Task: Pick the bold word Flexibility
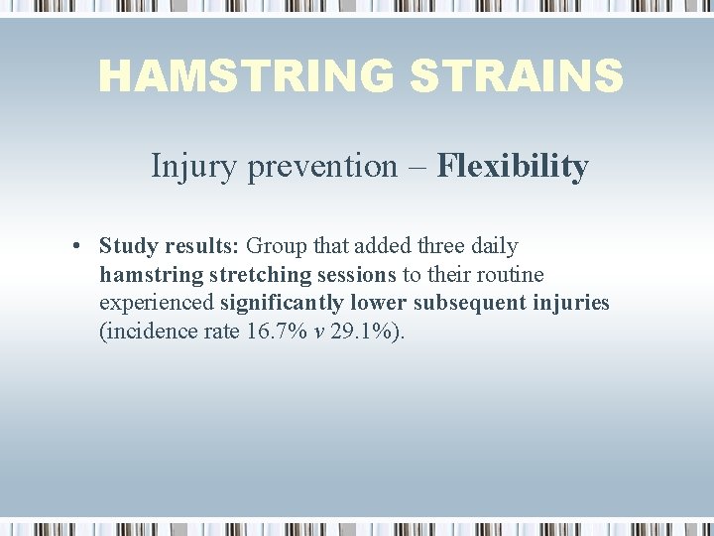point(513,166)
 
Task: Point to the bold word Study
point(127,245)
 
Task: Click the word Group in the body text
point(276,245)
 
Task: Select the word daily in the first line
point(494,245)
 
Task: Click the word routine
point(509,274)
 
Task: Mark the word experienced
point(156,303)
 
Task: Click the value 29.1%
point(364,332)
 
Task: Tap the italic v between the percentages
point(318,332)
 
